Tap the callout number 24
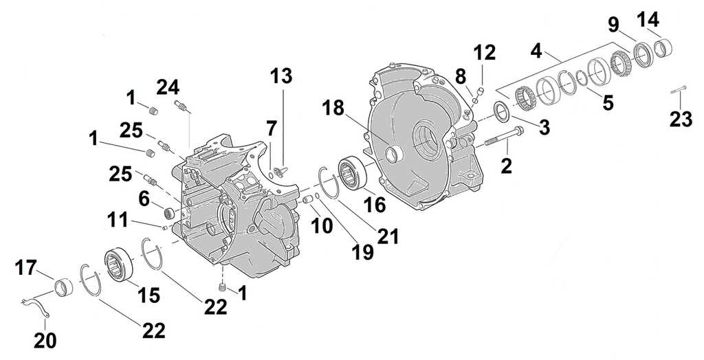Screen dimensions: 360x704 [x=168, y=87]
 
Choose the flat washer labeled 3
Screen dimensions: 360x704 [x=502, y=111]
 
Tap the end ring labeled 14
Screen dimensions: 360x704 [x=662, y=49]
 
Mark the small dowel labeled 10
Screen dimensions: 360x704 [x=309, y=199]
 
